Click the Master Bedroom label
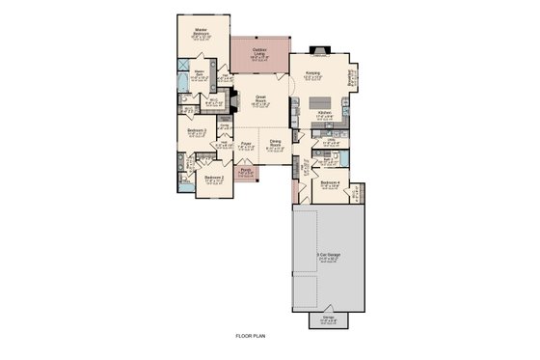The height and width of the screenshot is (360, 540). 202,32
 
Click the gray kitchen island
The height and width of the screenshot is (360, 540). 326,100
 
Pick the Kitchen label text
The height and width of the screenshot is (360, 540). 325,113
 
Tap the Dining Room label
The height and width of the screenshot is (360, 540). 276,144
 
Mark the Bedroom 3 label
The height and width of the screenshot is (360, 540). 198,130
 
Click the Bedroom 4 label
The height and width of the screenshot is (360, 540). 330,182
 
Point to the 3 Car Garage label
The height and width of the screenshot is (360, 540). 328,256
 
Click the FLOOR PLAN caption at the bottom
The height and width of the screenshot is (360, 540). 250,336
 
